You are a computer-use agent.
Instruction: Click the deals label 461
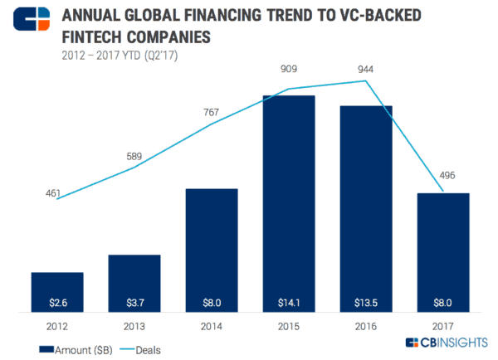tap(53, 192)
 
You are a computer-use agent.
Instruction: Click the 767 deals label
tap(212, 109)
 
